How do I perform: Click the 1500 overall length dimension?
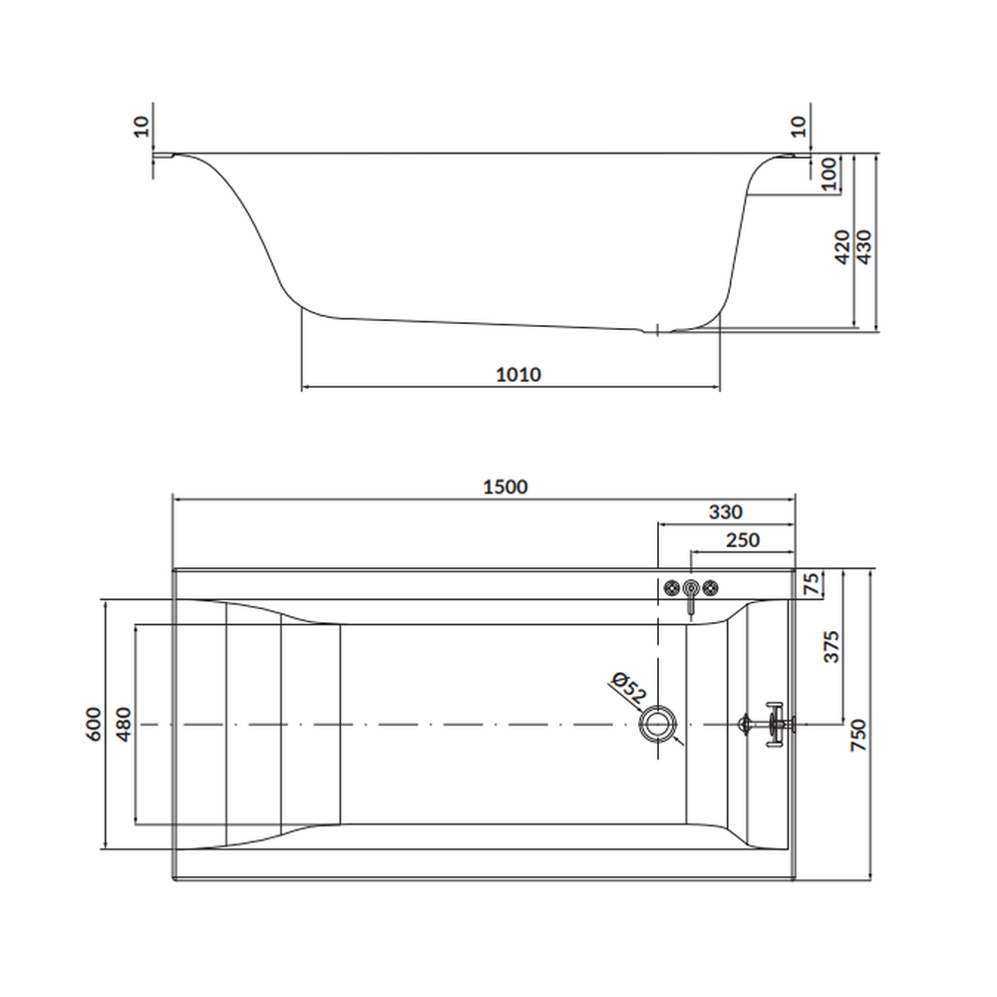tap(504, 487)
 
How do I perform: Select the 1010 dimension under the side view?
tap(518, 375)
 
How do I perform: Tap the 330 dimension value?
tap(725, 512)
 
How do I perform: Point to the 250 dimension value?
tap(742, 540)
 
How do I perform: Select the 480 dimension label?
tap(124, 724)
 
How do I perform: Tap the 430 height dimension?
tap(864, 245)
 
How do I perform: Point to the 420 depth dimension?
tap(842, 246)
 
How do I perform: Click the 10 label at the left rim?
tap(141, 126)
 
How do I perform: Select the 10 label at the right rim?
tap(797, 126)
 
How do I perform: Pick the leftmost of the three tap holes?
tap(673, 587)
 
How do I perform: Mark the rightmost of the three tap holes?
tap(711, 587)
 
